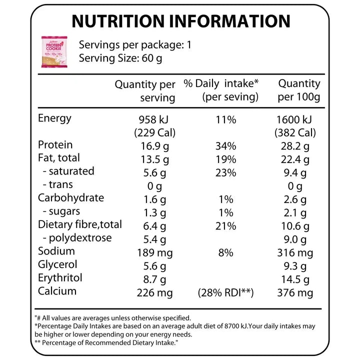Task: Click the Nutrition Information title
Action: coord(180,21)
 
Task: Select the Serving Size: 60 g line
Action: coord(120,58)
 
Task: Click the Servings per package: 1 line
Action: coord(135,45)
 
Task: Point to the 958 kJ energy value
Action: coord(154,120)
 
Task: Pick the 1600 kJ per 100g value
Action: coord(294,120)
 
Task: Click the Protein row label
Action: coord(55,145)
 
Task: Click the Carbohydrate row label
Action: coord(71,198)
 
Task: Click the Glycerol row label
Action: coord(57,264)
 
